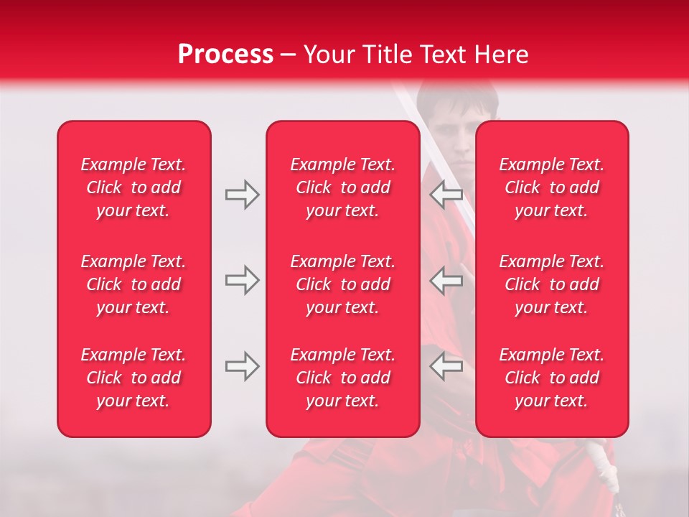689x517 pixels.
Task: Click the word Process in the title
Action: point(225,55)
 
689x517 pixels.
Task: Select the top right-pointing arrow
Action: point(242,195)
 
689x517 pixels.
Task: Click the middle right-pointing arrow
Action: point(242,280)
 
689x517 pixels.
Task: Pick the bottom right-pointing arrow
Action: point(242,366)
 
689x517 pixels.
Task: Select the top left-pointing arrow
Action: point(446,195)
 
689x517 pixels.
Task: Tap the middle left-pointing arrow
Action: point(446,280)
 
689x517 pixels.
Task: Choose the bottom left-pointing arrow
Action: point(446,366)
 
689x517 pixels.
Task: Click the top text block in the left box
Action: point(133,187)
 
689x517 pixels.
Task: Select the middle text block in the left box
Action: point(133,284)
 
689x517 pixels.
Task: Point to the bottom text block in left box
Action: point(133,378)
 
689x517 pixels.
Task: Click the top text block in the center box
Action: point(342,187)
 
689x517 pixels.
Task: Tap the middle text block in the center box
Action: point(342,284)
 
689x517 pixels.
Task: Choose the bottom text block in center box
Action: point(342,378)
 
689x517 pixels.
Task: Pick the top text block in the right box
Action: point(552,187)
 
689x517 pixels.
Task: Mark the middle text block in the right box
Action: point(552,284)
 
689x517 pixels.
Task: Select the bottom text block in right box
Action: point(552,378)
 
